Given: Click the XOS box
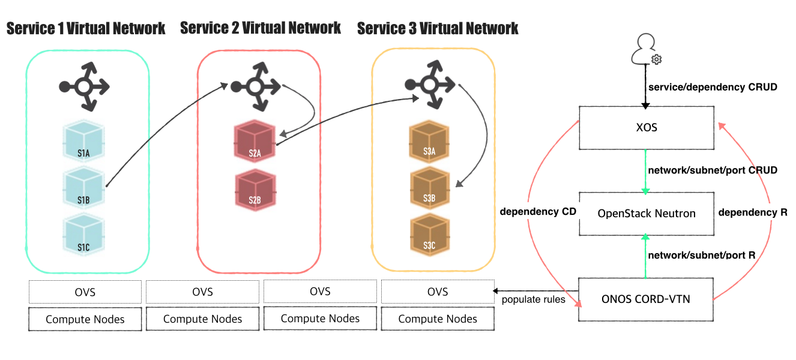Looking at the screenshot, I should coord(646,128).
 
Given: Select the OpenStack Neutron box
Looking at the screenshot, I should coord(646,214).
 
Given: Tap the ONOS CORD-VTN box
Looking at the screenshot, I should coord(646,299).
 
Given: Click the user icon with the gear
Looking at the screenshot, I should coord(646,50).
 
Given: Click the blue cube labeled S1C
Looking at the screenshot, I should coord(83,235).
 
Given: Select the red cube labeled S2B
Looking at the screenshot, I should coord(255,190).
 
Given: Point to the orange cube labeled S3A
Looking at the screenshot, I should coord(429,143).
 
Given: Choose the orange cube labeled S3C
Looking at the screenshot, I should coord(429,234).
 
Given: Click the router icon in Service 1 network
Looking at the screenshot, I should coord(85,87).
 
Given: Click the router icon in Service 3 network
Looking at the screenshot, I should coord(429,87).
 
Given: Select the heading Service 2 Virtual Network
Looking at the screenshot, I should coord(261,28).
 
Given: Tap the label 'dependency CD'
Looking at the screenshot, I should coord(538,211).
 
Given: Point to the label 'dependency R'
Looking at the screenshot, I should coord(753,212).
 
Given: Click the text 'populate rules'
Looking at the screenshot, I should coord(533,299).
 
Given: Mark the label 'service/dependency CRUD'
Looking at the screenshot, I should coord(713,87).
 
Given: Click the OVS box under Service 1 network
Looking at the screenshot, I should coord(85,292).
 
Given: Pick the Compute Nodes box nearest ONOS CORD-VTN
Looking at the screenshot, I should coord(438,319).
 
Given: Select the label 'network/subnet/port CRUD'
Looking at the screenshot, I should coord(713,170).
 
